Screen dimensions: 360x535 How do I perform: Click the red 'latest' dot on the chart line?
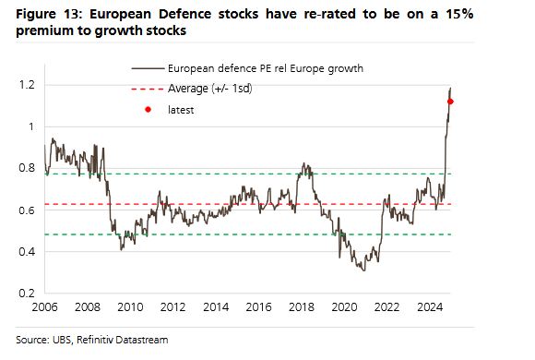coord(450,102)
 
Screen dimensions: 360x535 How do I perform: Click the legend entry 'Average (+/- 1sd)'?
coord(210,89)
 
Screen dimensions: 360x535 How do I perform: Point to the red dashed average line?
coord(231,204)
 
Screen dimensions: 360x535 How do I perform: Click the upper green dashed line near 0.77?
coord(231,174)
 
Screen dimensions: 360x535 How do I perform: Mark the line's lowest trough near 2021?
coord(363,269)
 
